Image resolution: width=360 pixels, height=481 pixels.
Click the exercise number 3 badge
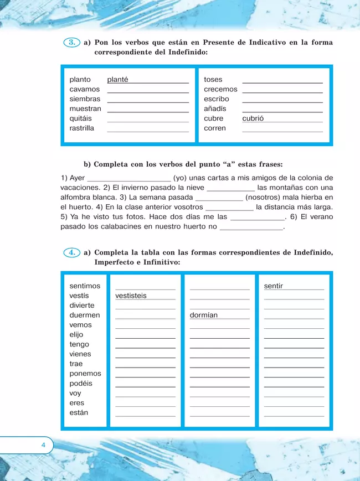click(x=71, y=43)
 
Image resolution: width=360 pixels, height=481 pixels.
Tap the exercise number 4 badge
click(x=71, y=252)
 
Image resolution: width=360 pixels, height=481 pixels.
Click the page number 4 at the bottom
click(x=43, y=445)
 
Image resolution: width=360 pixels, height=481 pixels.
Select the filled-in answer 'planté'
click(x=117, y=80)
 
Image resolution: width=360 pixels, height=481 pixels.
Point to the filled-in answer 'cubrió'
click(x=253, y=118)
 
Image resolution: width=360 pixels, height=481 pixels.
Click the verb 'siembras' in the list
click(x=85, y=99)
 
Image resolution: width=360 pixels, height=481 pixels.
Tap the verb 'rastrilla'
click(x=82, y=128)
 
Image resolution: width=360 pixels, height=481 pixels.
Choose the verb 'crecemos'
click(x=220, y=90)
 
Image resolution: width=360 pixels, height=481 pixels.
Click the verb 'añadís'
click(x=215, y=109)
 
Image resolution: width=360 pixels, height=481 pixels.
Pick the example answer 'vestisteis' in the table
click(x=131, y=296)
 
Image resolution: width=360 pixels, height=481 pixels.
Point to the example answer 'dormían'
click(x=204, y=316)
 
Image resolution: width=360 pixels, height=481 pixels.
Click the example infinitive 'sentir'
click(x=274, y=286)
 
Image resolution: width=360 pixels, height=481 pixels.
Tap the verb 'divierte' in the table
click(x=82, y=306)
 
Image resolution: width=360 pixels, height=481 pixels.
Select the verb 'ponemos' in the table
click(x=85, y=374)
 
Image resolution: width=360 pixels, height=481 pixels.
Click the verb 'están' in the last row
click(x=79, y=413)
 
